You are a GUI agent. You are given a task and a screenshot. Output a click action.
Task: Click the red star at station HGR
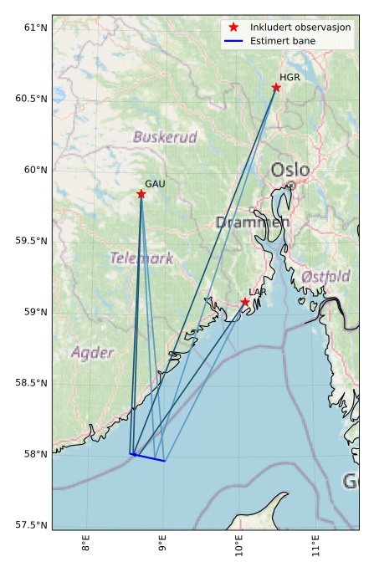276,87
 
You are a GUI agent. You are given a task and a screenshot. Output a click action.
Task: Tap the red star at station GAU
141,194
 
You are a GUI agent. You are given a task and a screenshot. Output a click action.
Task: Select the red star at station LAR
245,302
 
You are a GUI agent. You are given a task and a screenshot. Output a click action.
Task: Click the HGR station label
289,77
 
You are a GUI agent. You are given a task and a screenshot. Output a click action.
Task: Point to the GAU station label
154,184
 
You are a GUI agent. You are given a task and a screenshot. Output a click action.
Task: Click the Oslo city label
289,171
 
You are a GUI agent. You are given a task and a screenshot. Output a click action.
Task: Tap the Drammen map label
252,222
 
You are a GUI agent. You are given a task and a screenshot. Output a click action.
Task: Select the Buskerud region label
165,136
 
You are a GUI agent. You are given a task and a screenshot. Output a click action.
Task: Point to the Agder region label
92,353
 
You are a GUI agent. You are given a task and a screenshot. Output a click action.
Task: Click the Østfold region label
325,276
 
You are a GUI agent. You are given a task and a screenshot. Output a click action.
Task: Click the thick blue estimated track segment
148,457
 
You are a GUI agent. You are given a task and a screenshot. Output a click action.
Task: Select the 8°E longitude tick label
86,545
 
